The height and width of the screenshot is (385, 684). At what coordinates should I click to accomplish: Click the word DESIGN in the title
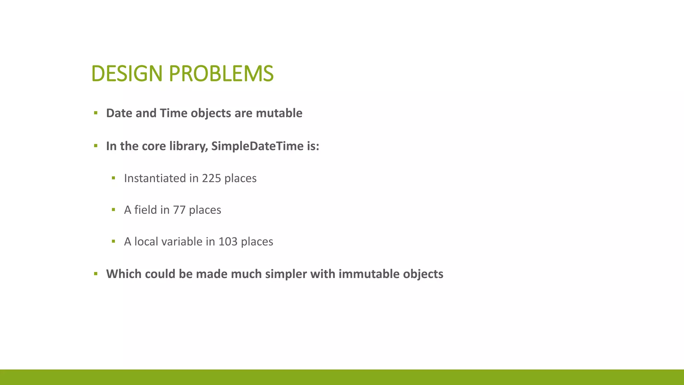click(x=127, y=74)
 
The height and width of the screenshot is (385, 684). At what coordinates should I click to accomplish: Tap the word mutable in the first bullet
click(x=279, y=113)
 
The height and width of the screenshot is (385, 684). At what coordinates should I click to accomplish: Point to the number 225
click(x=211, y=178)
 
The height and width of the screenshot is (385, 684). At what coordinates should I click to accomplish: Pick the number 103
click(x=228, y=242)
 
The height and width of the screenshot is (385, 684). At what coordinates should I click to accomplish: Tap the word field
click(x=145, y=210)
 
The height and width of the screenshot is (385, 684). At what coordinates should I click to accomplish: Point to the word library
click(x=189, y=146)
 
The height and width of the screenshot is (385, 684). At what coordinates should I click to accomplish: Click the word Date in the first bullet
click(x=119, y=113)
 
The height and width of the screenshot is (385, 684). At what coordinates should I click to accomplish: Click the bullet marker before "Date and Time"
click(x=96, y=113)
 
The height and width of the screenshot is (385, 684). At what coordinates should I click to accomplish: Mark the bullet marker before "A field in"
click(x=114, y=210)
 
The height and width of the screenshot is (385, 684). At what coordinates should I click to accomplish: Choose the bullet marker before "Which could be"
click(x=96, y=274)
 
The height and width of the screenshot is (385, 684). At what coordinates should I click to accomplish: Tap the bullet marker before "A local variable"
click(x=114, y=241)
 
